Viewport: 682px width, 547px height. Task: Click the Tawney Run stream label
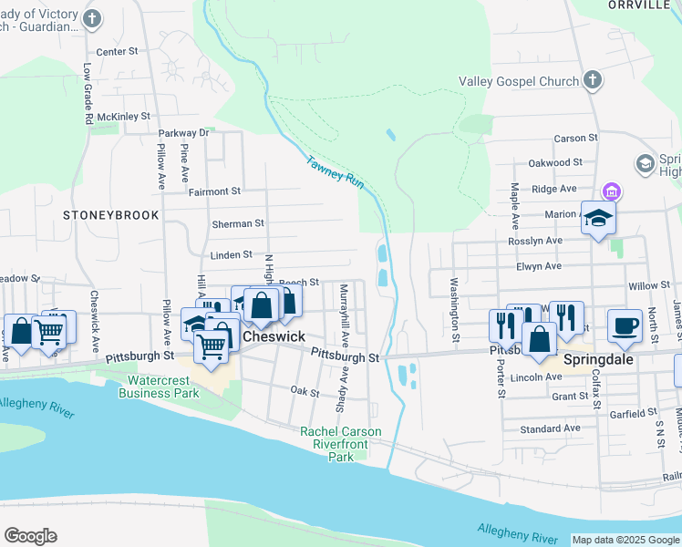click(x=336, y=171)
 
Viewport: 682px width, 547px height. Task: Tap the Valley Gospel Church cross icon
click(x=593, y=81)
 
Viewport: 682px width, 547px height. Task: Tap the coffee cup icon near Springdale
click(x=625, y=327)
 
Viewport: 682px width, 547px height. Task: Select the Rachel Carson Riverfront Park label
click(x=341, y=444)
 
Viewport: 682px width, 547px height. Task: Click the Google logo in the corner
click(x=30, y=536)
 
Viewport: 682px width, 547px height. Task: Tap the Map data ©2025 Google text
click(x=625, y=540)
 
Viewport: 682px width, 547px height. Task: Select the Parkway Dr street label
click(x=184, y=133)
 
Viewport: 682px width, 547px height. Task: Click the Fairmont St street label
click(x=214, y=191)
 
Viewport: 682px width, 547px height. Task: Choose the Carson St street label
click(x=575, y=139)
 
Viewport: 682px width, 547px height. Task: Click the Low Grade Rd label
click(x=88, y=94)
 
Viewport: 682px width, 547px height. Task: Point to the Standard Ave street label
click(x=550, y=428)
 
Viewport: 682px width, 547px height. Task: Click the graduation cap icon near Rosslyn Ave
click(x=598, y=219)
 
